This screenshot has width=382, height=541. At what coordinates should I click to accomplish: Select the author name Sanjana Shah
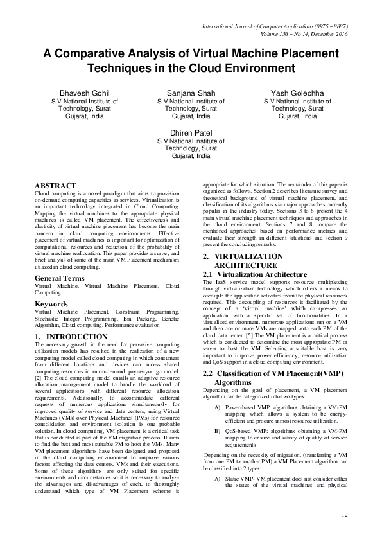[x=191, y=93]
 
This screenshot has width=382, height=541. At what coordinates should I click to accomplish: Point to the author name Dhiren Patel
[x=191, y=130]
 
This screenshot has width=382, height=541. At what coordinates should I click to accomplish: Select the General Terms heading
[x=59, y=278]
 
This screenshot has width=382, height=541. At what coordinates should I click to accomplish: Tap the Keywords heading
[x=51, y=303]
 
